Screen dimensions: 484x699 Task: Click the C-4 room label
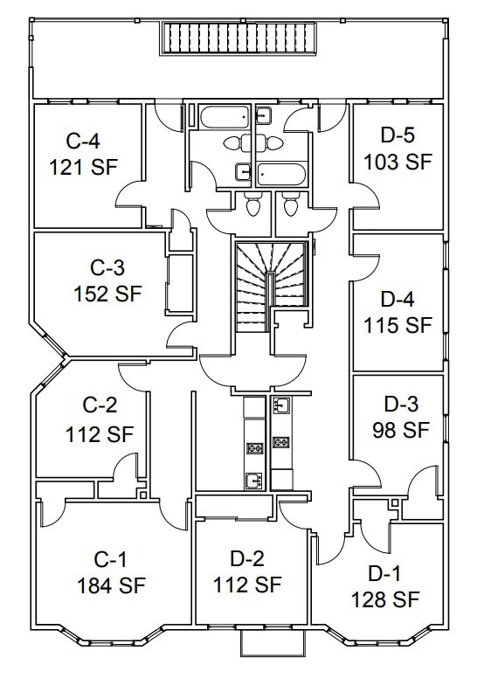tap(83, 142)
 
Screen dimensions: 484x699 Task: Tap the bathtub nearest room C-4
tap(225, 116)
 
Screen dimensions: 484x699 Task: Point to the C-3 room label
tap(107, 267)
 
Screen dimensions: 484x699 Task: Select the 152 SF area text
tap(107, 294)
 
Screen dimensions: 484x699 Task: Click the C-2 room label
tap(100, 405)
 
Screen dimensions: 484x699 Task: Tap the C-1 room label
tap(111, 559)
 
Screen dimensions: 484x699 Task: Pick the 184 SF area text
tap(112, 585)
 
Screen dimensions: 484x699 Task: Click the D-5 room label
tap(398, 135)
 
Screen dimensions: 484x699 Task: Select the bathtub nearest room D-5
tap(281, 174)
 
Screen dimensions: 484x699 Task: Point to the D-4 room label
tap(398, 299)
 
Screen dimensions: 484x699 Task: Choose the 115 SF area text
tap(398, 325)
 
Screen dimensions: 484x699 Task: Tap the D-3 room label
tap(401, 404)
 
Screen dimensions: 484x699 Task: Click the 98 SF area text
tap(401, 430)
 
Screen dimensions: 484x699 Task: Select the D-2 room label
tap(247, 558)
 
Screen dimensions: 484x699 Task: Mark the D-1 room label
tap(384, 573)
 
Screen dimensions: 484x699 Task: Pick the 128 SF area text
tap(385, 599)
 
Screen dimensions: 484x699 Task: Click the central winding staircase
tap(272, 287)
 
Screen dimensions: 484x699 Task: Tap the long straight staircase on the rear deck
tap(239, 38)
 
